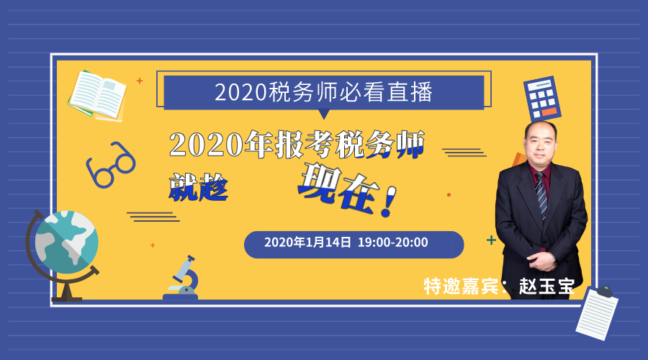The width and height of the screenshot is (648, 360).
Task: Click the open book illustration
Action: coord(97,96)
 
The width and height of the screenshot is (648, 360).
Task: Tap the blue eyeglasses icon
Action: coord(111,164)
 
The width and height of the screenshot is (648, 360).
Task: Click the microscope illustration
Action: coord(182,277)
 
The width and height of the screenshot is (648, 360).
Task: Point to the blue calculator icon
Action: coord(541,99)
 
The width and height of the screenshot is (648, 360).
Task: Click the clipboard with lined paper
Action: coord(597,312)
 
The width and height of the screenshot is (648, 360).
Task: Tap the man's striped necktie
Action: coord(541,194)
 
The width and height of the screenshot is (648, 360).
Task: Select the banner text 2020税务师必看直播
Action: coord(323,91)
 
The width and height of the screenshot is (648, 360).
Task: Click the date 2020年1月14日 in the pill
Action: coord(307,242)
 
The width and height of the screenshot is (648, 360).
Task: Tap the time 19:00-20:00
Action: coord(393,242)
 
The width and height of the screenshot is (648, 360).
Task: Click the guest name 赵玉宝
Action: coord(546,286)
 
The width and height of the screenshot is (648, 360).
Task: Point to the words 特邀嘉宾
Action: coord(461,286)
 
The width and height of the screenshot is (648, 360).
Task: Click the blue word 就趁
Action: coord(199,187)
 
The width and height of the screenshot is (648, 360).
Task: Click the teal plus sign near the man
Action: coord(491,240)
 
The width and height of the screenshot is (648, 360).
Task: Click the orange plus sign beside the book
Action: coord(140,81)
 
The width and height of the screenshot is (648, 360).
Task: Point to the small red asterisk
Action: coord(449,194)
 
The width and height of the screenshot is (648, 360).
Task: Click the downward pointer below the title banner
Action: coord(324,114)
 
